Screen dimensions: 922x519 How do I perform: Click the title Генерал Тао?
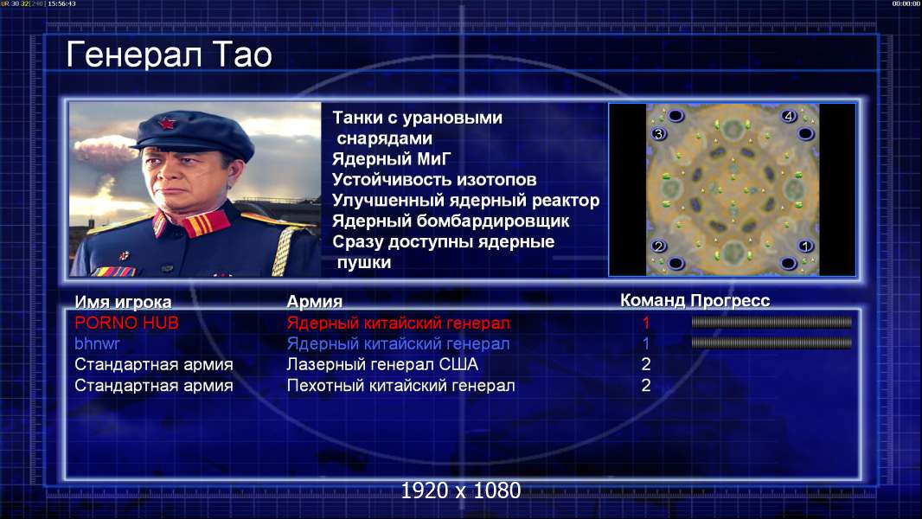[x=169, y=55]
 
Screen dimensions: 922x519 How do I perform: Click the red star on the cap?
[x=166, y=123]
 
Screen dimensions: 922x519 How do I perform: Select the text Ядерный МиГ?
[x=391, y=159]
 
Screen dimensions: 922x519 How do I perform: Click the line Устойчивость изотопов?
[x=434, y=180]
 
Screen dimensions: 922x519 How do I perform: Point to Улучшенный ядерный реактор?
[x=465, y=201]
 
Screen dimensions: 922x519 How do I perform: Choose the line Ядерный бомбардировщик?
[x=451, y=221]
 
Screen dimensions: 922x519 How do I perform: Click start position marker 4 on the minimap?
[x=789, y=116]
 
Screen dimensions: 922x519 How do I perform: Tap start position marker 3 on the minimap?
[x=658, y=134]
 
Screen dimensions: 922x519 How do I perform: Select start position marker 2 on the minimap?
[x=658, y=246]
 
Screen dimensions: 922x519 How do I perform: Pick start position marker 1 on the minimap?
[x=805, y=246]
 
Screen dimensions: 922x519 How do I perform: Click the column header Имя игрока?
[x=123, y=302]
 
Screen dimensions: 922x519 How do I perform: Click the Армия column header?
[x=315, y=302]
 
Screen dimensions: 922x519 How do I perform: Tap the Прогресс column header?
[x=730, y=301]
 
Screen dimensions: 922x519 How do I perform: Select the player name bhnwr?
[x=97, y=343]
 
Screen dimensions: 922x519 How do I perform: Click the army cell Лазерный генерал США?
[x=382, y=364]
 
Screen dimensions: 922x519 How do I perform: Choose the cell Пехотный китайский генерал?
[x=401, y=386]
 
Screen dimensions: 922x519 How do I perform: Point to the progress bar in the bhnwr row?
[x=772, y=343]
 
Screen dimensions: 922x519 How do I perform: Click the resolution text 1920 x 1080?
[x=461, y=490]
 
